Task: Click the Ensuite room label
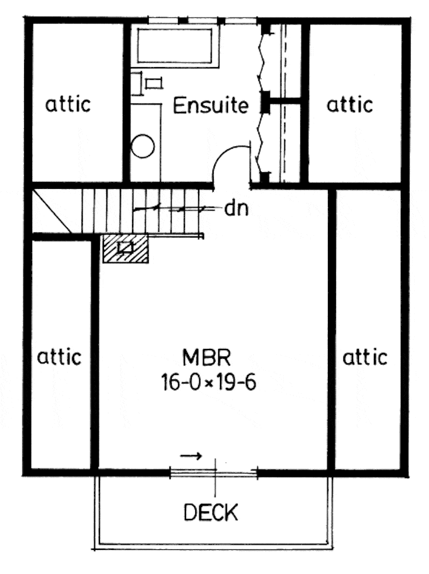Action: click(211, 106)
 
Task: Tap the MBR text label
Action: click(207, 358)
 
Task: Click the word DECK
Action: click(210, 512)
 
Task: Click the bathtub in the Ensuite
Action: click(175, 45)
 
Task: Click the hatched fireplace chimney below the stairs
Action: click(125, 249)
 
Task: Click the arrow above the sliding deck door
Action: click(191, 456)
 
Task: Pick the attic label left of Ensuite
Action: click(68, 104)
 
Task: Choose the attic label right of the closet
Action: click(350, 104)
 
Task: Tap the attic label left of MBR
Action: click(59, 357)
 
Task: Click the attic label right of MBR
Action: click(365, 357)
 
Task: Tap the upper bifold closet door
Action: click(262, 60)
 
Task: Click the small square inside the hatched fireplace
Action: click(125, 247)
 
